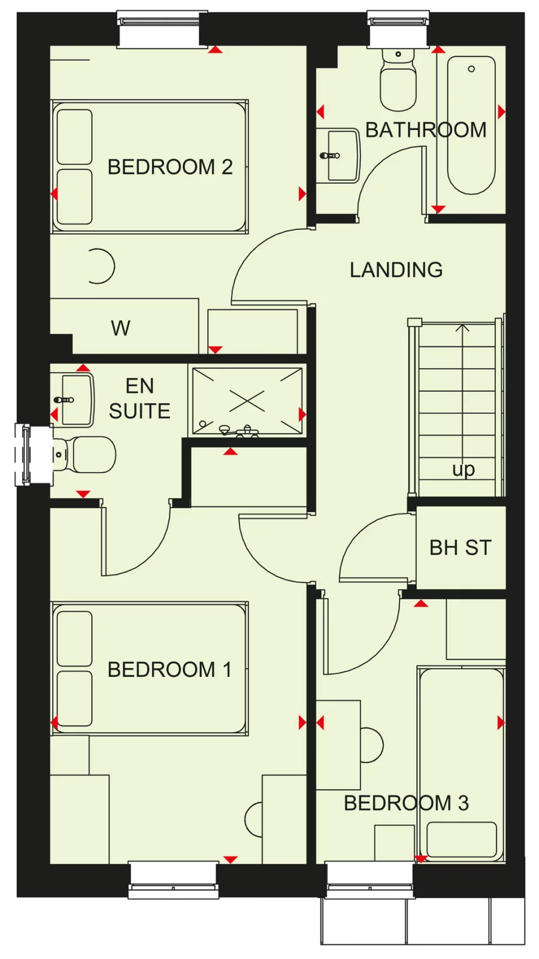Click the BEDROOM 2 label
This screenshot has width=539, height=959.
click(169, 167)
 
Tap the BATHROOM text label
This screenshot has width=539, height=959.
click(425, 130)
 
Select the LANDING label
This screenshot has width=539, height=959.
click(396, 270)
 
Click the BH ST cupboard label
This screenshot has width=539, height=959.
click(460, 547)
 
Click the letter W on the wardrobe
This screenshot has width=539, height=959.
click(120, 328)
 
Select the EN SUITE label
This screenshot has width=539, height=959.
click(140, 398)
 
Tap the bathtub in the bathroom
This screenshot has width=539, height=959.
click(471, 126)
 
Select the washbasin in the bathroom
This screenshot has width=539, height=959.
click(341, 155)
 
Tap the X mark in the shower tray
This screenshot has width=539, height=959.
click(247, 401)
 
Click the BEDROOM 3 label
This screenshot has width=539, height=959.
click(405, 803)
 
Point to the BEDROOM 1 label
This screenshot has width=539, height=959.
click(169, 669)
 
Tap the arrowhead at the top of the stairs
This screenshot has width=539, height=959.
click(462, 328)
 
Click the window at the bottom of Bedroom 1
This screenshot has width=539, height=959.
click(173, 879)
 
